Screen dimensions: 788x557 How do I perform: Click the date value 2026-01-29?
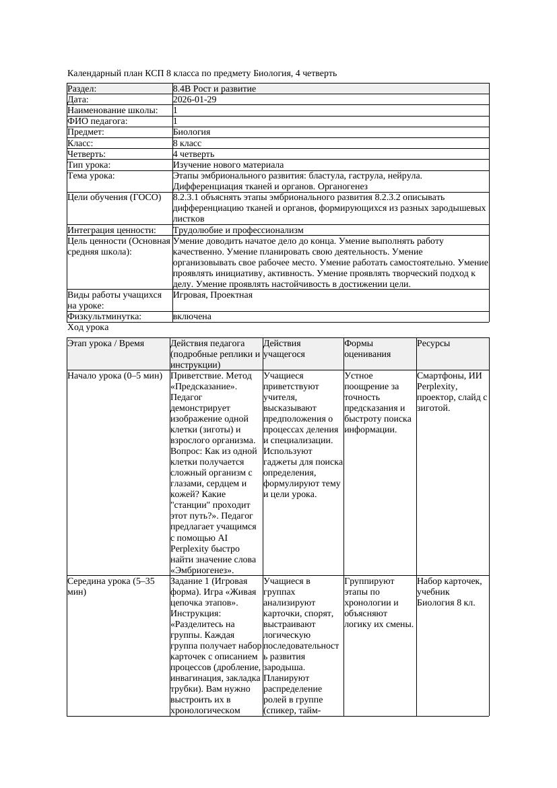tap(195, 100)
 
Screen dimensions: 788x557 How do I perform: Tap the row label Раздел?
tap(82, 89)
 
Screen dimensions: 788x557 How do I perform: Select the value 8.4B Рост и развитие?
tap(214, 89)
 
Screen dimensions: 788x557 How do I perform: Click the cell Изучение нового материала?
tap(228, 165)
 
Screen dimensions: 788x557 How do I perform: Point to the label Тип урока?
tap(88, 165)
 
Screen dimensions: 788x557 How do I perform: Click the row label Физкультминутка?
tap(104, 317)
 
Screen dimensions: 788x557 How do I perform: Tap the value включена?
tap(192, 317)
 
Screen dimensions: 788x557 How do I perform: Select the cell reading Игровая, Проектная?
tap(213, 295)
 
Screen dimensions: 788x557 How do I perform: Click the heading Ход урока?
tap(88, 327)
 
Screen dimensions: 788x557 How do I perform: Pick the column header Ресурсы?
tap(433, 343)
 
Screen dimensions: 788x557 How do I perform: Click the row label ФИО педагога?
tap(98, 121)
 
